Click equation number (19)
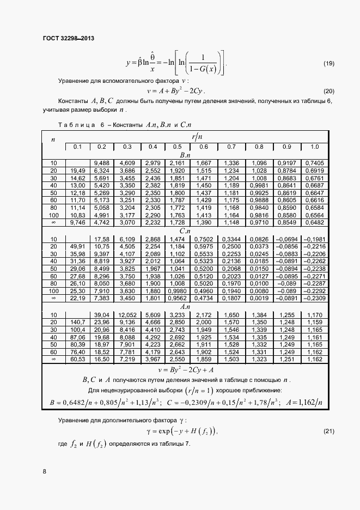click(x=329, y=64)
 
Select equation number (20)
click(x=329, y=91)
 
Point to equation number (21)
click(x=329, y=432)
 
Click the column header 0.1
click(x=77, y=147)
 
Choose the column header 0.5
click(x=178, y=147)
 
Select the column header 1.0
click(x=314, y=147)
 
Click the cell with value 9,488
click(x=102, y=163)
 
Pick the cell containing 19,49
click(x=77, y=171)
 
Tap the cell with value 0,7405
click(x=314, y=163)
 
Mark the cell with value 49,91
click(x=77, y=246)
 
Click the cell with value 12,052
click(x=127, y=315)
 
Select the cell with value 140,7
click(x=77, y=323)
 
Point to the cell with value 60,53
click(x=77, y=360)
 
